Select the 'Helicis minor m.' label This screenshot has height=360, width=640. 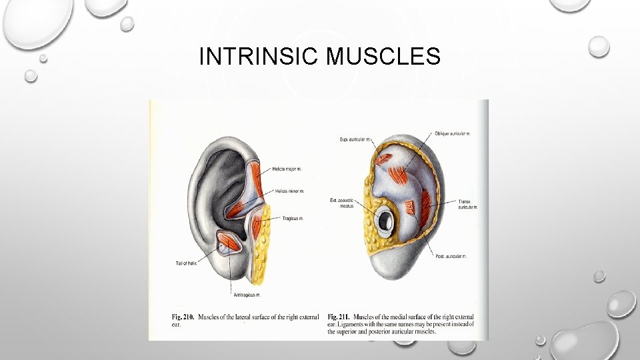[x=289, y=191]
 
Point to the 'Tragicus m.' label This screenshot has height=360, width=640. [x=292, y=218]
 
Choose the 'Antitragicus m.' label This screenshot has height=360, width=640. [x=246, y=294]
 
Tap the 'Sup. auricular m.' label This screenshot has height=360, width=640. [x=354, y=139]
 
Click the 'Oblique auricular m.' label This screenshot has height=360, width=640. [x=453, y=133]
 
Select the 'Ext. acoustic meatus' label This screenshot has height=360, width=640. [x=342, y=203]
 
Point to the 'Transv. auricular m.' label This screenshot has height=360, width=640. [x=467, y=204]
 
